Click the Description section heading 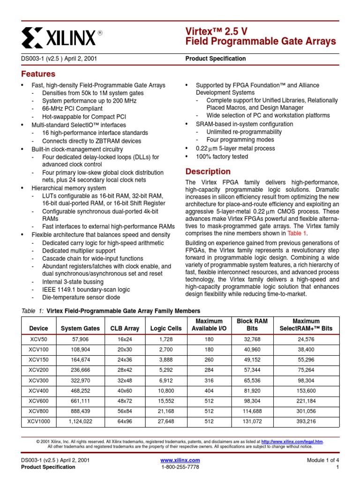208,172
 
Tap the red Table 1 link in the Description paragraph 296,233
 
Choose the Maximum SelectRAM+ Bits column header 306,325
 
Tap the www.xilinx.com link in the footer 180,460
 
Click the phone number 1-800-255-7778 180,467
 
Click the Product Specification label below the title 216,59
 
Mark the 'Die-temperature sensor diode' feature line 81,297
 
